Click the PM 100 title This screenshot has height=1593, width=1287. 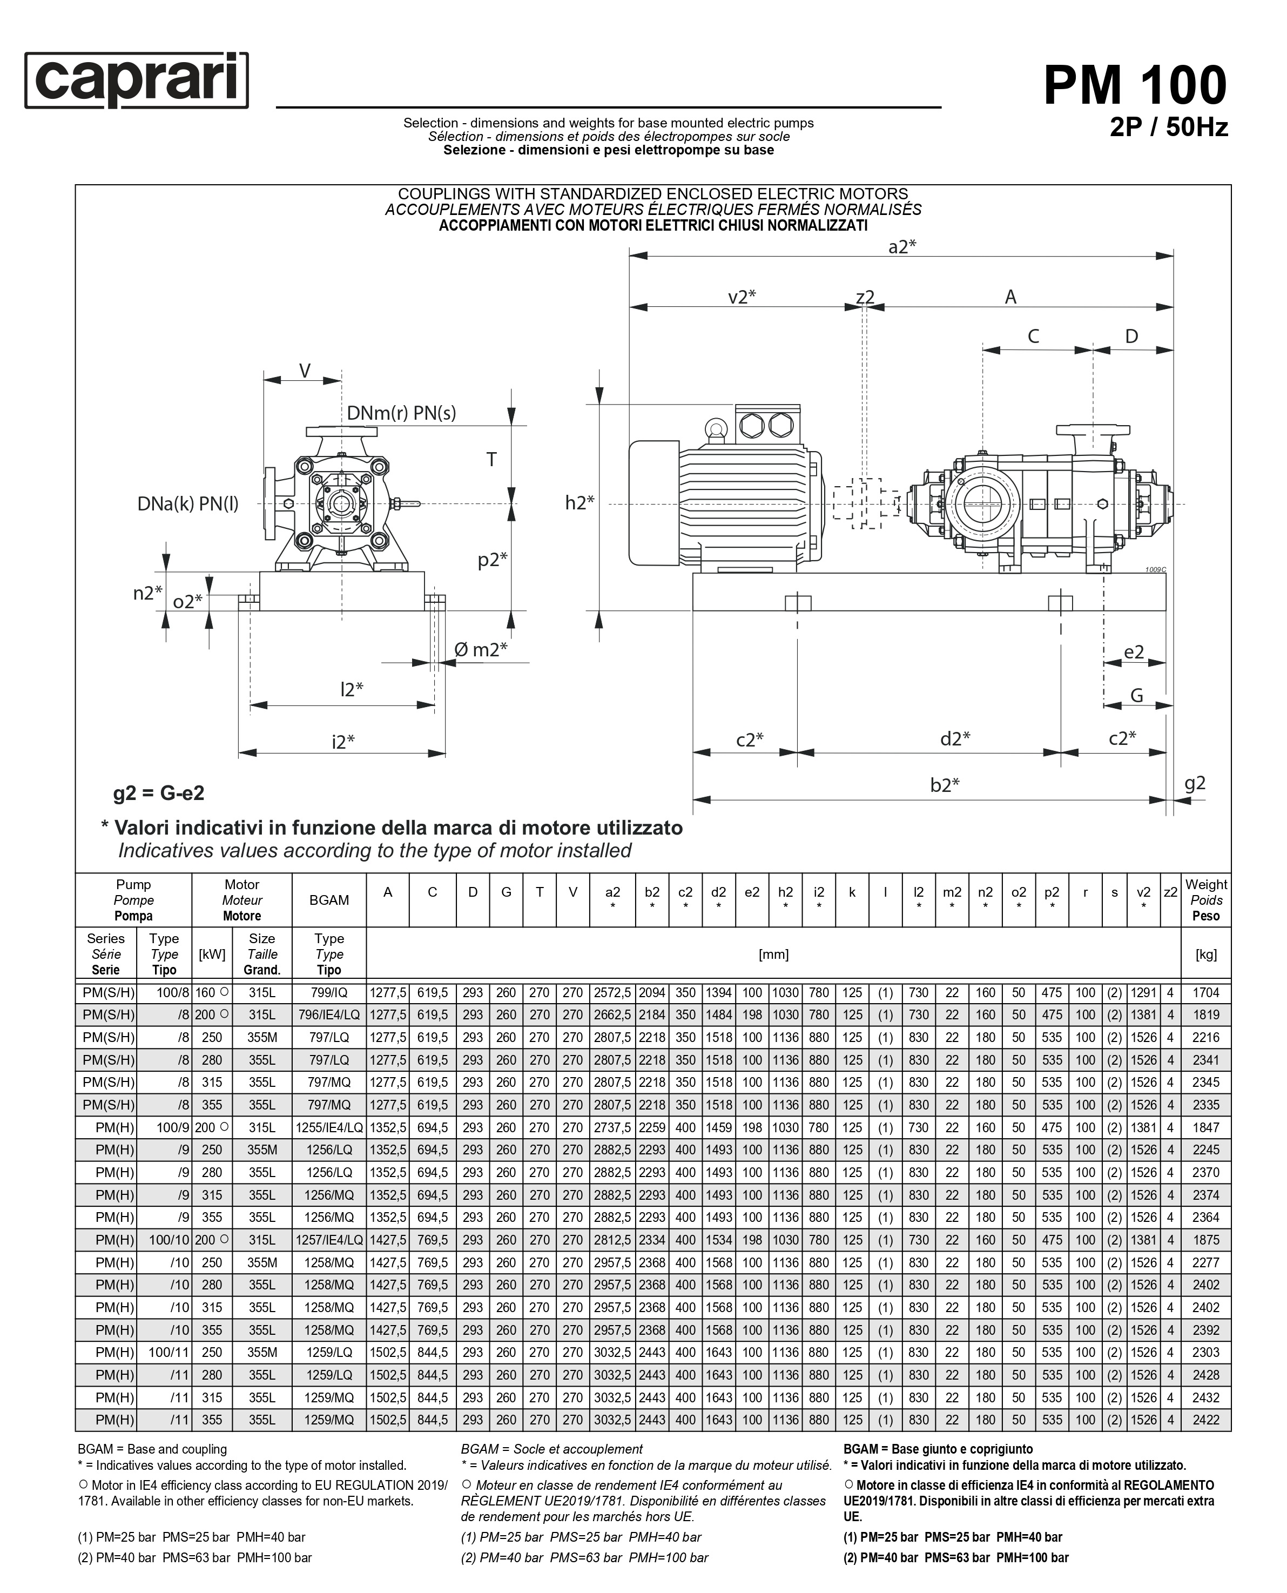pyautogui.click(x=1134, y=86)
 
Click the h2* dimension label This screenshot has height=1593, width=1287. pyautogui.click(x=579, y=503)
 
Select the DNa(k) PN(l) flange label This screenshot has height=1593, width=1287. pyautogui.click(x=187, y=505)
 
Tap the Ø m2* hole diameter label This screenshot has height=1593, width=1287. pyautogui.click(x=481, y=650)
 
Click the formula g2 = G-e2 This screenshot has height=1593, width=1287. pyautogui.click(x=159, y=793)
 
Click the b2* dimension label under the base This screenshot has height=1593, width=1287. pyautogui.click(x=945, y=785)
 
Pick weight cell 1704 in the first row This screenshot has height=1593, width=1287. pyautogui.click(x=1205, y=992)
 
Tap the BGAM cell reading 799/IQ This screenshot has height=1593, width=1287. pyautogui.click(x=328, y=992)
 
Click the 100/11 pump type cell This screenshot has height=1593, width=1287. pyautogui.click(x=170, y=1352)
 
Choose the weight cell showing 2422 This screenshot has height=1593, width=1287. pyautogui.click(x=1205, y=1420)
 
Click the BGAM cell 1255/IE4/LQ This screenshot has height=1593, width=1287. pyautogui.click(x=328, y=1127)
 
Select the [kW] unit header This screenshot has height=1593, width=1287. pyautogui.click(x=212, y=954)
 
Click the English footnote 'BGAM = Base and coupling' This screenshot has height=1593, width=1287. pyautogui.click(x=152, y=1449)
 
